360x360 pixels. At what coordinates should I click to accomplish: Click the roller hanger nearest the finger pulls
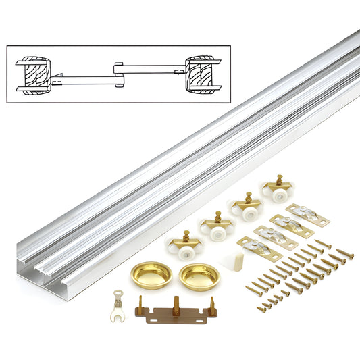[183, 244]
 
